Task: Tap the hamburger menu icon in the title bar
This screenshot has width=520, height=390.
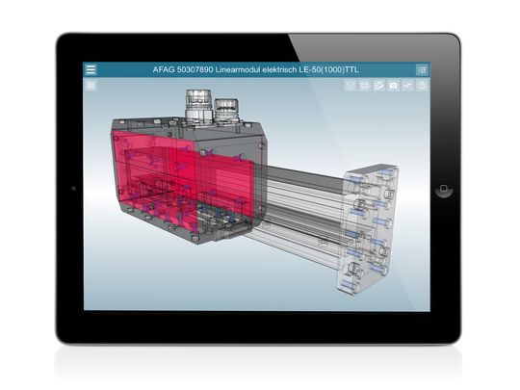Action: coord(91,69)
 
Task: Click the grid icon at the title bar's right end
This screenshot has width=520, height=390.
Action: coord(422,69)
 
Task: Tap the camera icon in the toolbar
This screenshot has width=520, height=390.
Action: coord(394,86)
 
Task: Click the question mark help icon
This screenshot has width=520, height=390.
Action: coord(422,86)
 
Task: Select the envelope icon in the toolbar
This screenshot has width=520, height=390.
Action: coord(365,86)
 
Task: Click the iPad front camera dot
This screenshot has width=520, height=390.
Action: coord(74,189)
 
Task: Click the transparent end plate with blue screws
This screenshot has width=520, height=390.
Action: coord(372,226)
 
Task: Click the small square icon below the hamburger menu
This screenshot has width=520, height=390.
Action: coord(91,86)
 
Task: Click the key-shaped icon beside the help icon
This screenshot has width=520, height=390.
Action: coord(408,86)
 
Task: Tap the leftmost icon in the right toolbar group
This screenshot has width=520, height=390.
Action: coord(351,86)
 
